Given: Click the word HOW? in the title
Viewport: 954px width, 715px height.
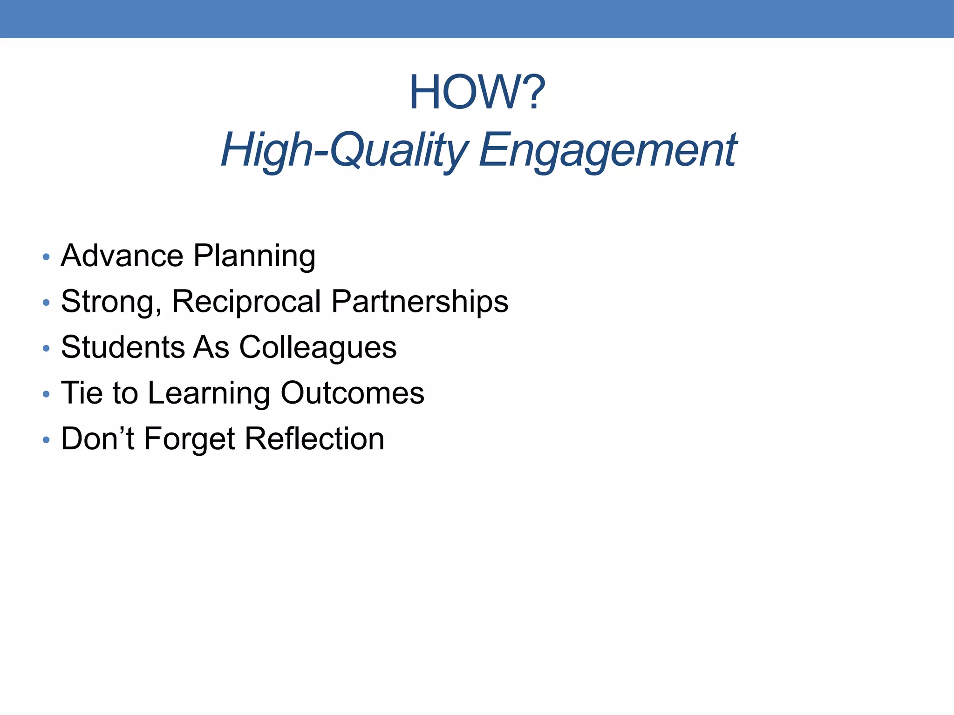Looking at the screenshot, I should (x=477, y=93).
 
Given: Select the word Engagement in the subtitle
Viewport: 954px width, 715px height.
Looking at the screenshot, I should (x=607, y=150).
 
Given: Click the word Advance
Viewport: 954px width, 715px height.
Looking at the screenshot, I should (x=122, y=256).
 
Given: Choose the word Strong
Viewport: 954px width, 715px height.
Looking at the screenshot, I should (x=111, y=302).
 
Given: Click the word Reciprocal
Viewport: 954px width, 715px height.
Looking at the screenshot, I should (x=246, y=302).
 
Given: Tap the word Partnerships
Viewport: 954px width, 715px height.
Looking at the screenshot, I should (x=420, y=302).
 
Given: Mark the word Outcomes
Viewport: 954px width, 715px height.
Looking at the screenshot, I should (x=352, y=393).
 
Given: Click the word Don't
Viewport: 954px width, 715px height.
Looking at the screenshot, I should (x=97, y=438).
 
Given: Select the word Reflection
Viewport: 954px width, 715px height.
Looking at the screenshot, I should (x=314, y=438).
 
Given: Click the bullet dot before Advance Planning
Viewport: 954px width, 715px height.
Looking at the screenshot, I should (x=46, y=257).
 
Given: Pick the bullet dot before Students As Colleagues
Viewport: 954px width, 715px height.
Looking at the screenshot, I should (x=46, y=348).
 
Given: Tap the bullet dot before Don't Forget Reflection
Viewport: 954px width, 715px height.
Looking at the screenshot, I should (x=46, y=439).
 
